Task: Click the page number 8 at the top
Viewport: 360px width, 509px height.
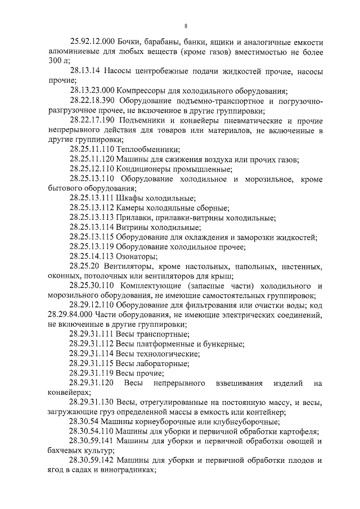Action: click(x=185, y=26)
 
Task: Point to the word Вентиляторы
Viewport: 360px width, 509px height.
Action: click(x=132, y=266)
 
